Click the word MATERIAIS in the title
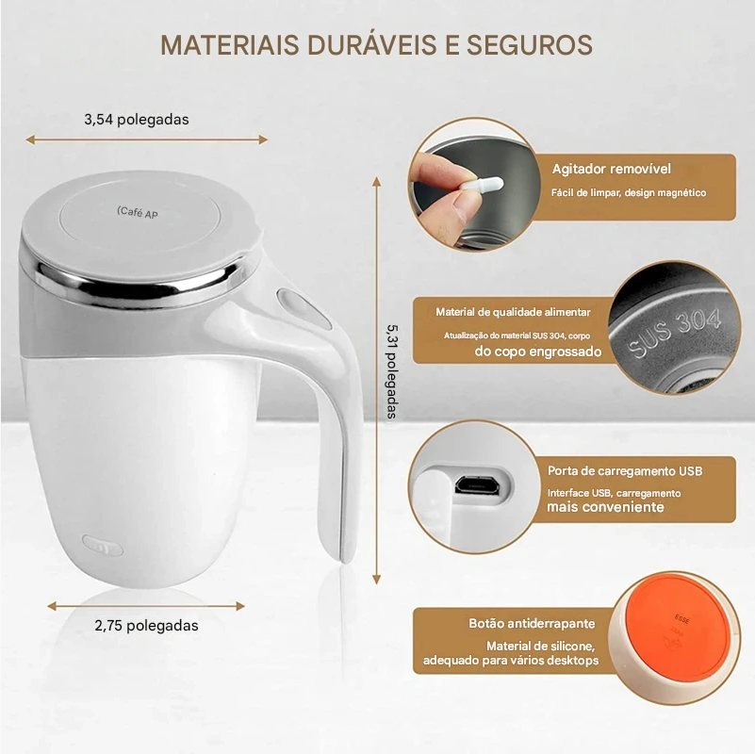(x=231, y=45)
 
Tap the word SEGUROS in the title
(x=529, y=45)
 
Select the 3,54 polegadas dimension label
(x=137, y=120)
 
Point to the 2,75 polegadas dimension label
(x=146, y=626)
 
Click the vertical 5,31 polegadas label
(x=392, y=371)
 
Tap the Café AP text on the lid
(x=138, y=212)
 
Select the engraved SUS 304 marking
(x=675, y=332)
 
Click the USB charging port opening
(x=476, y=484)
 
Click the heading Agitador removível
(x=611, y=169)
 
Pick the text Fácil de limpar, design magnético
(x=629, y=192)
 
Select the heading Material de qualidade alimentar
(x=513, y=312)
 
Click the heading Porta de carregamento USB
(x=625, y=471)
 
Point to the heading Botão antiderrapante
(x=532, y=624)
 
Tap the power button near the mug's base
(x=103, y=546)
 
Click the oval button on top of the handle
(x=304, y=308)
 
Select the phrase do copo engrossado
(x=538, y=351)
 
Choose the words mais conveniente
(x=605, y=506)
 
